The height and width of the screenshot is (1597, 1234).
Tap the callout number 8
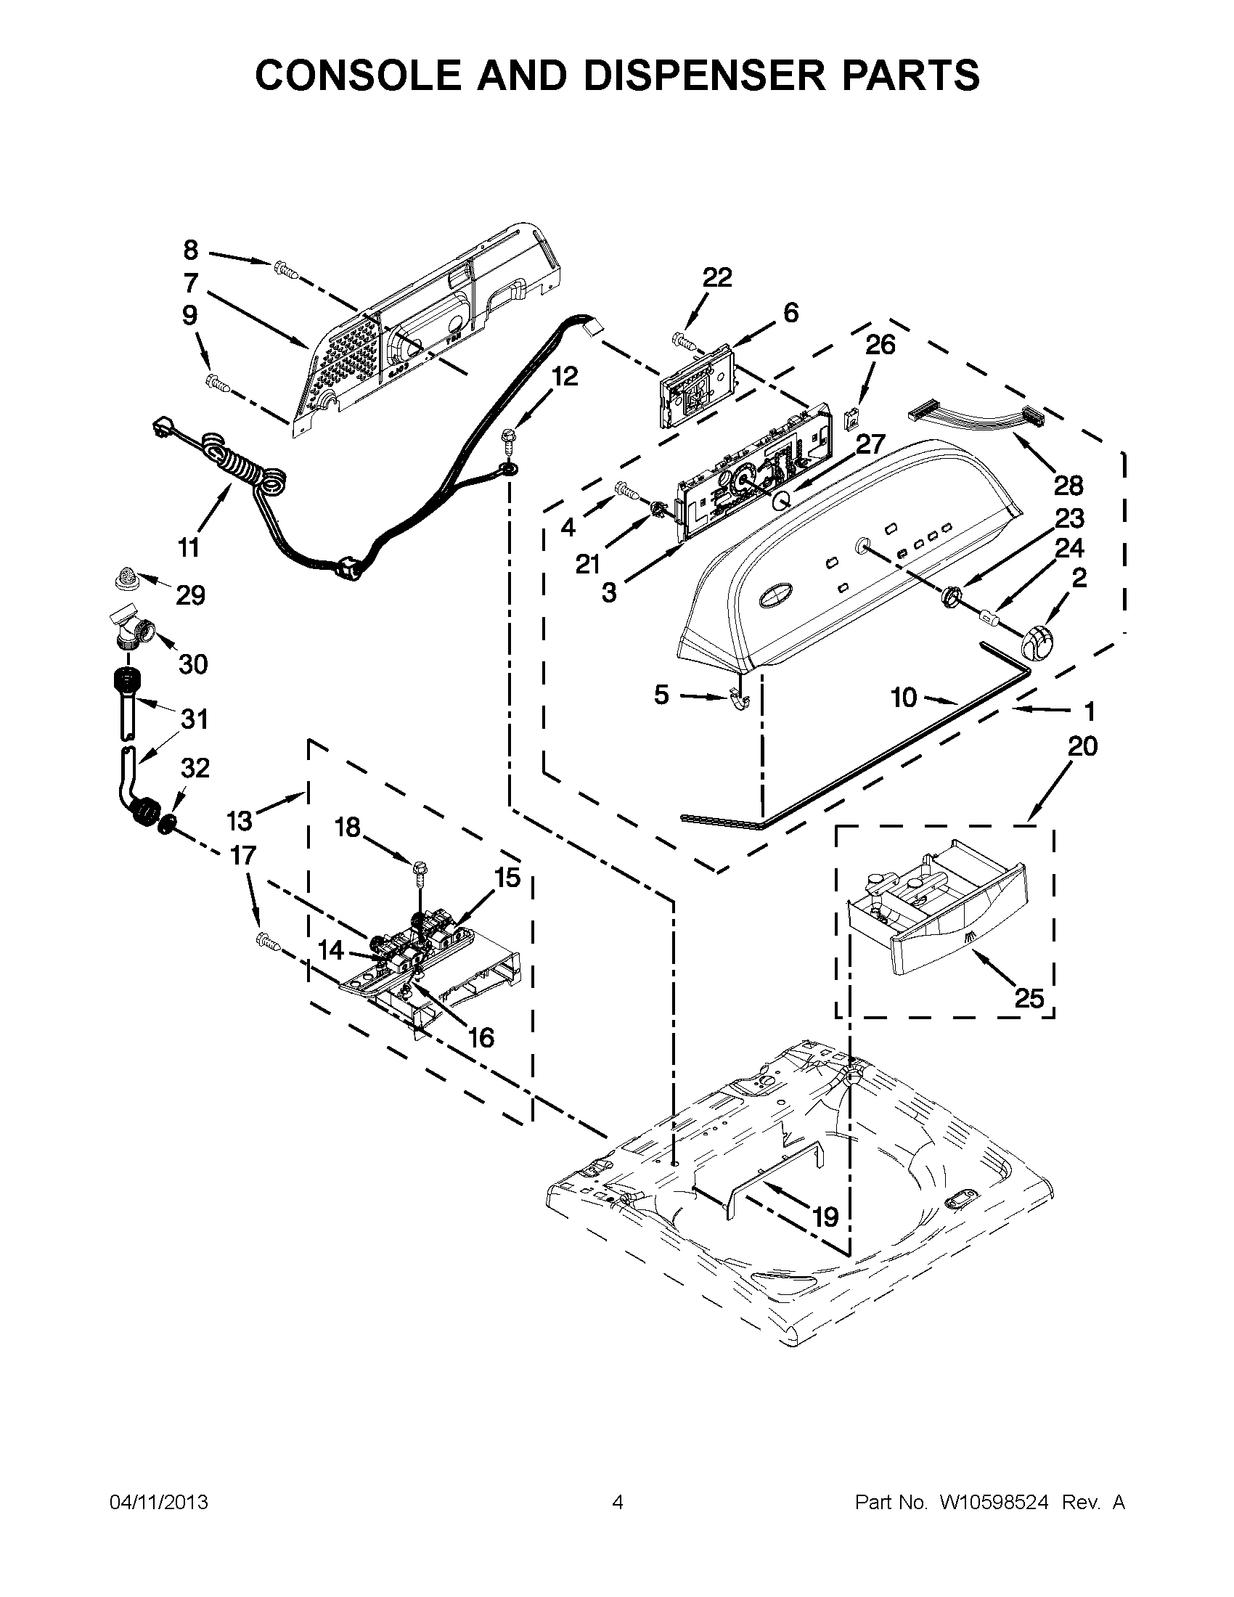(190, 250)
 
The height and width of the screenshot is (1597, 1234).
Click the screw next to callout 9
(218, 381)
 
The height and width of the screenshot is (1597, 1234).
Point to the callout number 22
(716, 277)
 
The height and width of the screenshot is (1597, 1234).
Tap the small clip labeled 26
(851, 420)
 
